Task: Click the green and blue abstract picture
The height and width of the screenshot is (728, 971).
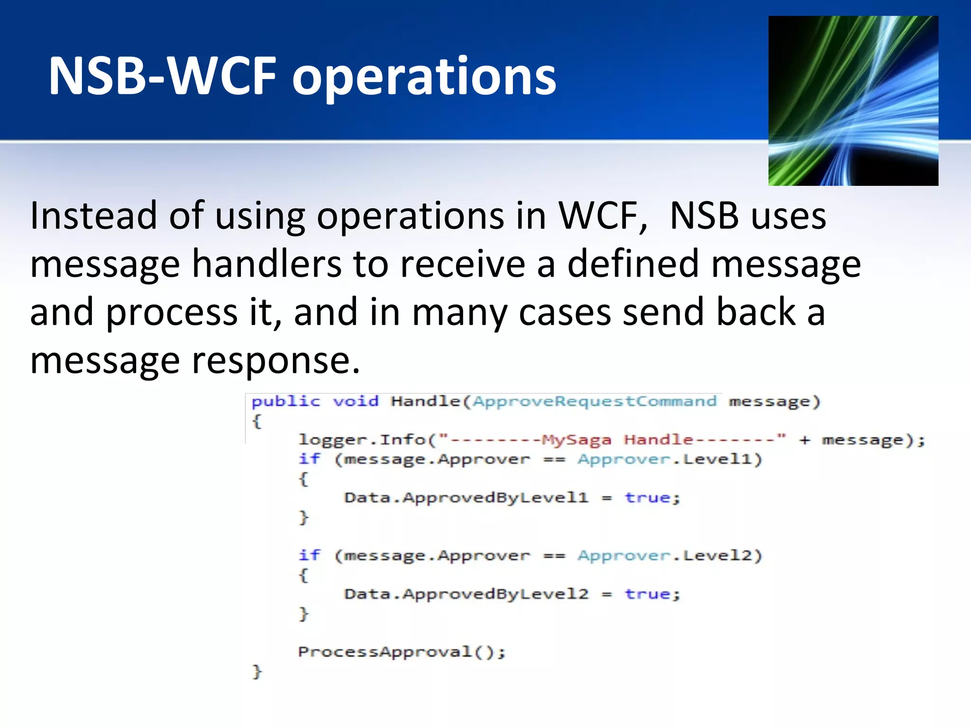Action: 853,100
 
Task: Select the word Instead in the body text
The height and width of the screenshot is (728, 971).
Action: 93,216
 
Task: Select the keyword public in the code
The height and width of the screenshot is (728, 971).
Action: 285,401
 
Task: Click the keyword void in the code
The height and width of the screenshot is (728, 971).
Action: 356,401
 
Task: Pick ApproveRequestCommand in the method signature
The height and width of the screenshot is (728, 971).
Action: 595,401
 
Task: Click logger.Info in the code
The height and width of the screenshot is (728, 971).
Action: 362,440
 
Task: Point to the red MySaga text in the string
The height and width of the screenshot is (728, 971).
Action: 576,440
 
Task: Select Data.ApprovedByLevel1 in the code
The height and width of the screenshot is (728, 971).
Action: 466,498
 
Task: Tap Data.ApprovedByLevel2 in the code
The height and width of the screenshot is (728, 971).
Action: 466,594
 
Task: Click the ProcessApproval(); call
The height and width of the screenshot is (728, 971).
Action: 402,652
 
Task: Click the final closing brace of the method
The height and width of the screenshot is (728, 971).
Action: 256,671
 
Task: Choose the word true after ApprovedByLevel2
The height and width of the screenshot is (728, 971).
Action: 647,594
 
